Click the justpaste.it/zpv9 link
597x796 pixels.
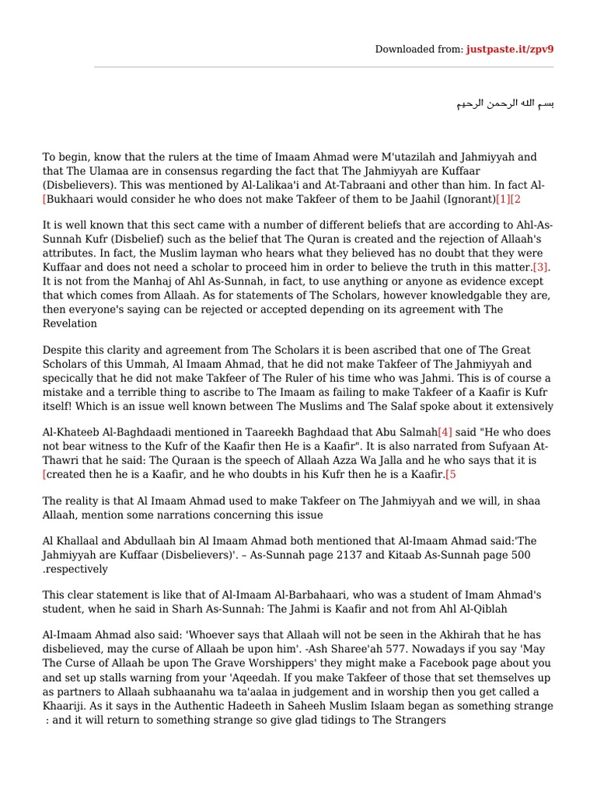click(510, 49)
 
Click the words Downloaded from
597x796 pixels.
click(418, 49)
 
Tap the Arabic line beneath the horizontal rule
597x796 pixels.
click(505, 103)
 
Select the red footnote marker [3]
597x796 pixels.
click(541, 267)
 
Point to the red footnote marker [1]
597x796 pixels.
click(503, 200)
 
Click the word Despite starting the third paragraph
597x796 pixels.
click(62, 350)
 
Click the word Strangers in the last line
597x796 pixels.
click(420, 720)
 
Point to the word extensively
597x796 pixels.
click(523, 406)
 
